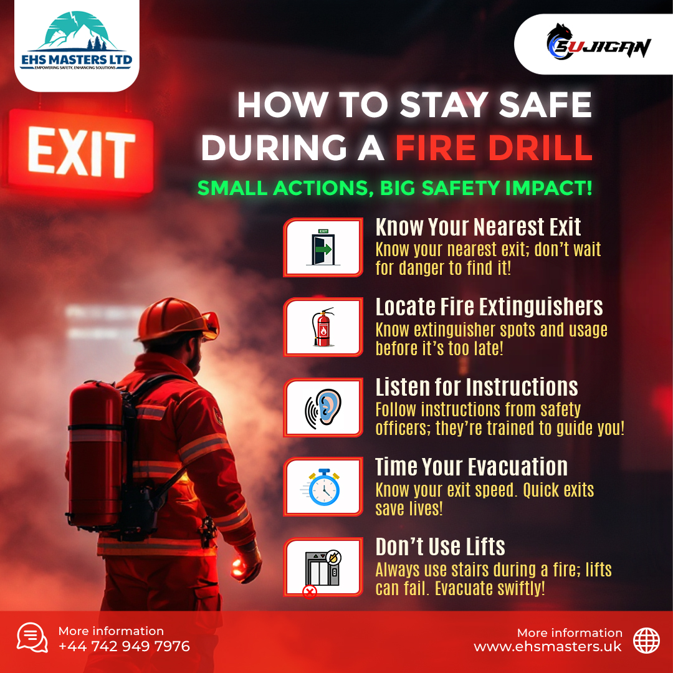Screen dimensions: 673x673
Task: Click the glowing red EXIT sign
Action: (x=81, y=151)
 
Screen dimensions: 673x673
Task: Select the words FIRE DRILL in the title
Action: (x=494, y=148)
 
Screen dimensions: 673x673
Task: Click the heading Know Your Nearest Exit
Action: (x=478, y=227)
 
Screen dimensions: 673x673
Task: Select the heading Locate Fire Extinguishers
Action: (x=489, y=307)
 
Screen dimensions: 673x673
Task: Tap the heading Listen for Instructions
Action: (x=477, y=387)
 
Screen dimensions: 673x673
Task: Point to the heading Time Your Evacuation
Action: (x=471, y=467)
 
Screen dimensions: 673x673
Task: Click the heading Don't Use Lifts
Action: (x=440, y=547)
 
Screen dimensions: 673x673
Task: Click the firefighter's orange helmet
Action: (x=174, y=319)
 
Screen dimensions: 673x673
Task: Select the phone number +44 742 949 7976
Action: (x=124, y=646)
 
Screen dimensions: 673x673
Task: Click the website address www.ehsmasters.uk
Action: (x=548, y=647)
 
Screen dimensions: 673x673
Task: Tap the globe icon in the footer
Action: (x=646, y=640)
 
